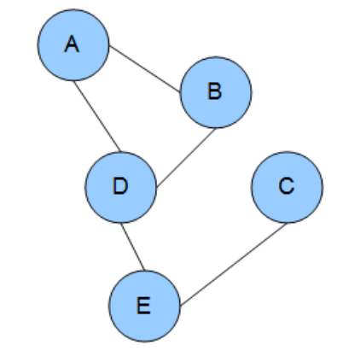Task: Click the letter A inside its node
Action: coord(72,44)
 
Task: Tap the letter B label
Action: coord(215,91)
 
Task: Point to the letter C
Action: coord(287,186)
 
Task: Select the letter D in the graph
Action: coord(120,186)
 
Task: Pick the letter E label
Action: coord(143,306)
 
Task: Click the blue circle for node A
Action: coord(73,45)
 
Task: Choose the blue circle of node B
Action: coord(216,92)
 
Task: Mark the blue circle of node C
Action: coord(287,187)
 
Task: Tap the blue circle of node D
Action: coord(121,187)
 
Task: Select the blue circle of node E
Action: coord(145,306)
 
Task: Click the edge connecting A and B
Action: coord(145,68)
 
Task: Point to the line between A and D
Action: coord(97,116)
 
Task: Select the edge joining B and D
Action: coord(186,158)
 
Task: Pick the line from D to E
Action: coord(133,247)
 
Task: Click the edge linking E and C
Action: coord(234,265)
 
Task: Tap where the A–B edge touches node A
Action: coord(109,45)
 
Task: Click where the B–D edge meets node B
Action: coord(216,128)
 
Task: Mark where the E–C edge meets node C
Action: coord(287,223)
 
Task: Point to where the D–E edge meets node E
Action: coord(145,271)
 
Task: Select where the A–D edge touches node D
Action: coord(121,152)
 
